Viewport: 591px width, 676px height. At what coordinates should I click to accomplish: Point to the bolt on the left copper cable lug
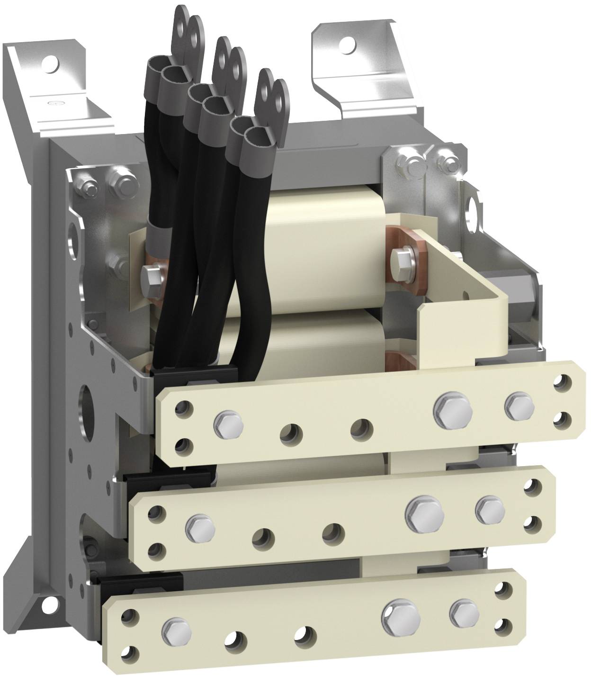[151, 274]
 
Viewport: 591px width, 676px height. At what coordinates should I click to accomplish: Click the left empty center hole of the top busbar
[290, 432]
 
